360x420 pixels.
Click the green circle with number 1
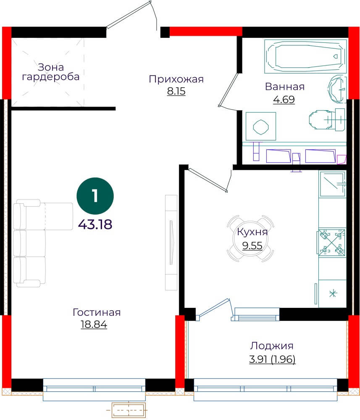click(95, 196)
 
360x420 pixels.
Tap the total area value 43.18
click(95, 224)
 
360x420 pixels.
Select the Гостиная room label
click(97, 312)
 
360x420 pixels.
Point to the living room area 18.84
click(94, 324)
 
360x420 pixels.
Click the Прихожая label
click(176, 79)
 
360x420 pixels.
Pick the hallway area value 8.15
click(176, 91)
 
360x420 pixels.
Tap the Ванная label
click(285, 87)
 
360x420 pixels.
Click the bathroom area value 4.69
click(284, 100)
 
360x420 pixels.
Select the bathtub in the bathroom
click(306, 56)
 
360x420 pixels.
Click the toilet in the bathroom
click(327, 119)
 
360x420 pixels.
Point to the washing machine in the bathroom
click(261, 126)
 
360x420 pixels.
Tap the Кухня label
click(252, 232)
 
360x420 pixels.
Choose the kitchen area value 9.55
click(252, 245)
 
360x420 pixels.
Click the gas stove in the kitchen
click(331, 243)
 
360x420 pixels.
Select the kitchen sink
click(332, 184)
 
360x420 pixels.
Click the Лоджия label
click(272, 346)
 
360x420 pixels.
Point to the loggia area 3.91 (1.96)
click(272, 359)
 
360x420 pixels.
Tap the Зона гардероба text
click(51, 72)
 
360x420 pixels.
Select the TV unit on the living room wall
click(171, 243)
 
